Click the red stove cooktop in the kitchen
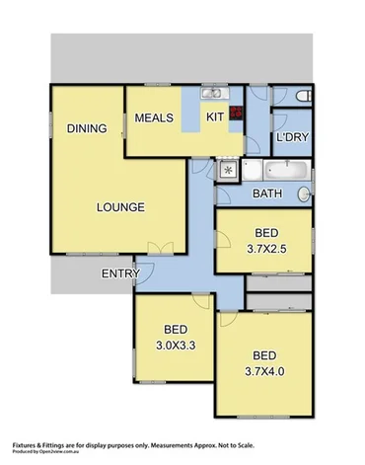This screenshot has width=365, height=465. tap(237, 113)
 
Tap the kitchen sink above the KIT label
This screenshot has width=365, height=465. tap(213, 95)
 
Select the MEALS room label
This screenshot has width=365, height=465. tap(154, 118)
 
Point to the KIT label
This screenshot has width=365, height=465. tap(215, 117)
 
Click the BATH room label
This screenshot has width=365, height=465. tap(268, 194)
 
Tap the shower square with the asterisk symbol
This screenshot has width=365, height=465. tap(228, 170)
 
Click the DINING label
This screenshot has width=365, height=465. tap(86, 128)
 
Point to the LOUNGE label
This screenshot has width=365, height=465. tap(121, 207)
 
